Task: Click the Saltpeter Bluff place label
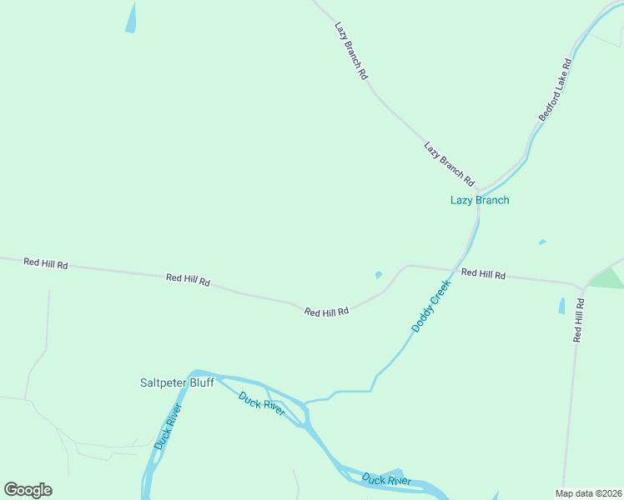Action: [x=176, y=382]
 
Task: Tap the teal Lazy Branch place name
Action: [x=480, y=200]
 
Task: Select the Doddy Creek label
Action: [x=431, y=306]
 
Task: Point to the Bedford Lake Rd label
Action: [x=555, y=89]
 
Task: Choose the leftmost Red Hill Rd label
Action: [x=45, y=262]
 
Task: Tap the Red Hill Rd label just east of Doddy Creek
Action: [x=483, y=273]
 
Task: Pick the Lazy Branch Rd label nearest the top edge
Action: [x=351, y=51]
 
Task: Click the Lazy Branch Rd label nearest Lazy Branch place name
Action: [x=449, y=163]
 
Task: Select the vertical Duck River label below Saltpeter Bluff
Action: [x=168, y=427]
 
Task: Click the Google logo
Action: [x=28, y=490]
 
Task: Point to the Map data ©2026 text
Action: [x=588, y=493]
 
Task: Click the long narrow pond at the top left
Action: [x=131, y=18]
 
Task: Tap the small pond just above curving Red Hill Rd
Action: [x=379, y=274]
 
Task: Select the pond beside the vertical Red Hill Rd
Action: [x=561, y=306]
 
